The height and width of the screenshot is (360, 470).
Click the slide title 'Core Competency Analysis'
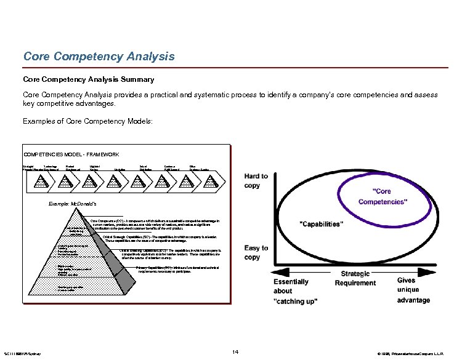click(x=99, y=57)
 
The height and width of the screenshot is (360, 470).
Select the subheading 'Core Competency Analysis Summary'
click(x=89, y=79)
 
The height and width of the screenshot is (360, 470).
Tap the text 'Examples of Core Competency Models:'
click(x=88, y=121)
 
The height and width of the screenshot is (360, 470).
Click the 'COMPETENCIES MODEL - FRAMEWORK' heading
click(x=71, y=154)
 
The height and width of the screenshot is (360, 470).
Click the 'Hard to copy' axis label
click(x=256, y=180)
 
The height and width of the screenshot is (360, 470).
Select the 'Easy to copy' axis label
click(x=256, y=252)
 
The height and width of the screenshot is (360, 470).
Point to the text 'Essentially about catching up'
click(x=293, y=291)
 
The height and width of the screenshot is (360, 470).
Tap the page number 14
click(x=235, y=351)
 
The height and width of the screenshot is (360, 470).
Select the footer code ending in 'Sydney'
click(x=22, y=353)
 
